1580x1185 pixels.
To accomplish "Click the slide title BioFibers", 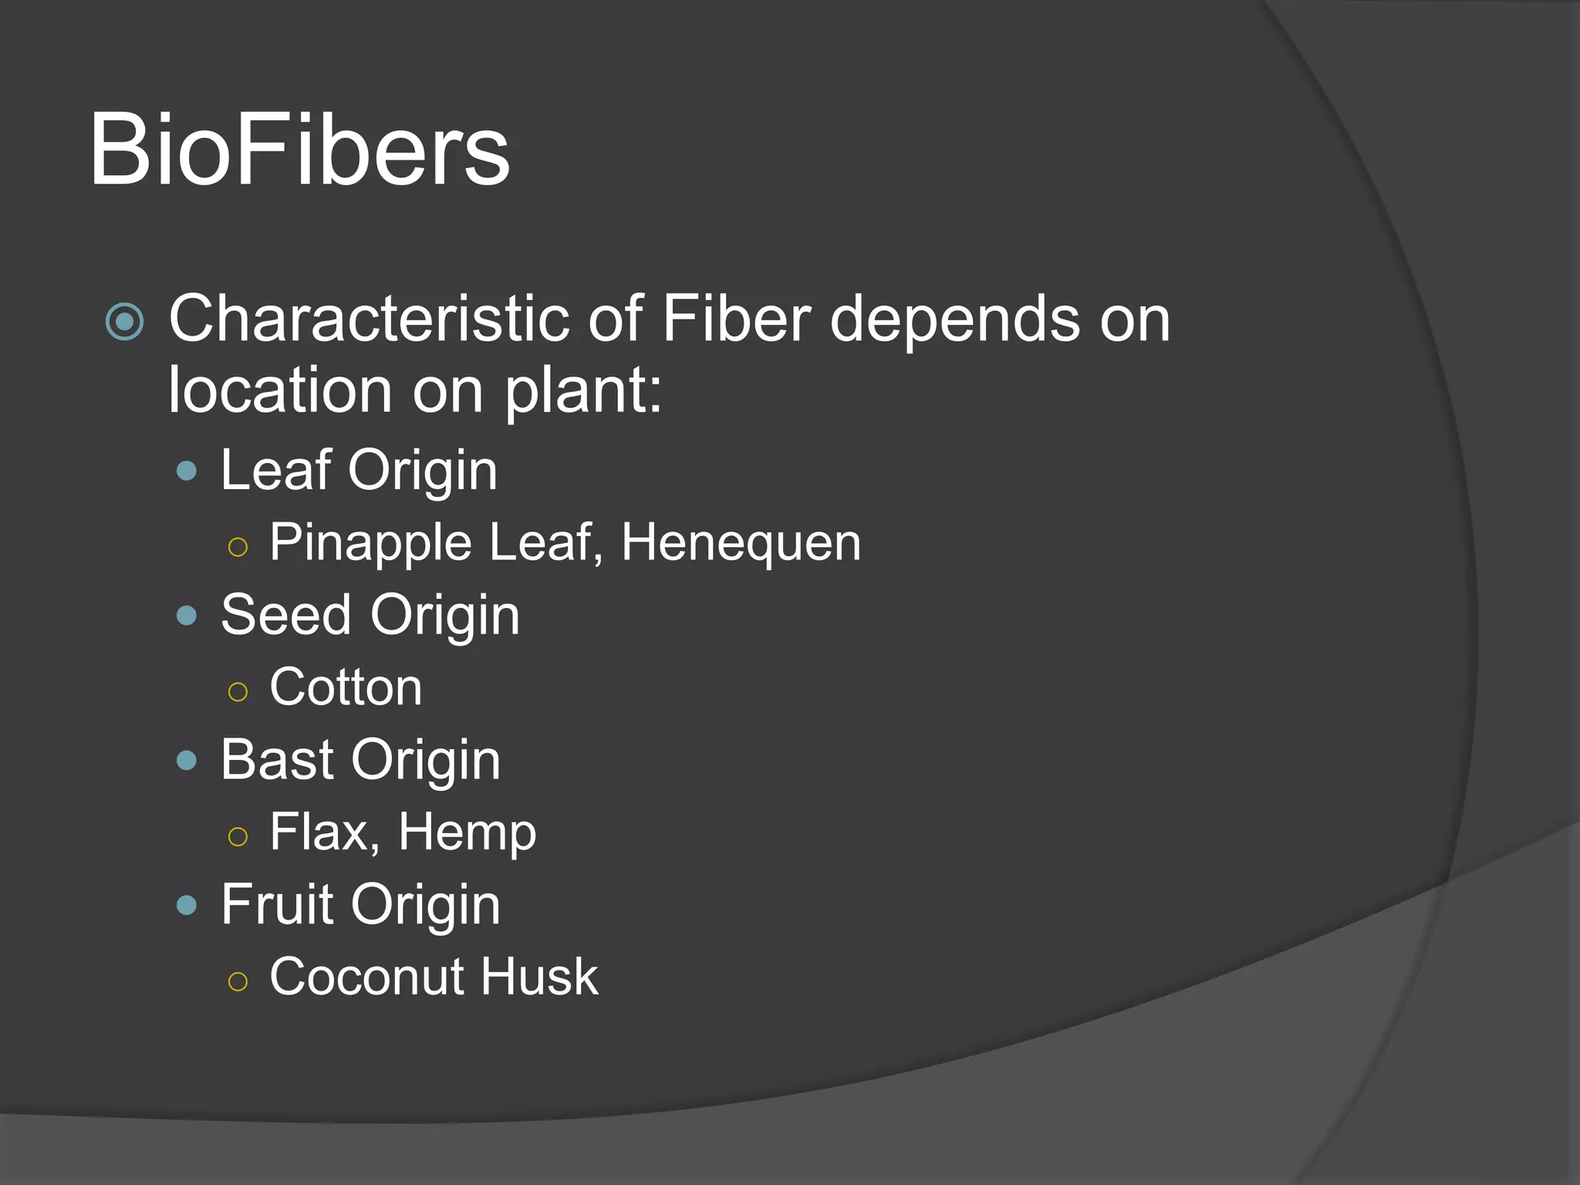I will click(299, 150).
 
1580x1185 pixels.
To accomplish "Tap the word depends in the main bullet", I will click(954, 320).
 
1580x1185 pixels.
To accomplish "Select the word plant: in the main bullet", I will click(583, 391).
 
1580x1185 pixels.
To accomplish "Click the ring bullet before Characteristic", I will click(125, 322).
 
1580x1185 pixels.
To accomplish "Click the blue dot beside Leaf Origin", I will click(187, 471).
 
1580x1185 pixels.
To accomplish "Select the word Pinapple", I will click(370, 543).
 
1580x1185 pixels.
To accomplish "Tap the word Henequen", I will click(741, 542).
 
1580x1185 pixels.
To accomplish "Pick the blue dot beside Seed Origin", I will click(187, 616).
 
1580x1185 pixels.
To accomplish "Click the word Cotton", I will click(346, 687).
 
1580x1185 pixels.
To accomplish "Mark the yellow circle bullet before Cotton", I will click(238, 692).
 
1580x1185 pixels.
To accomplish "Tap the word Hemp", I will click(467, 833).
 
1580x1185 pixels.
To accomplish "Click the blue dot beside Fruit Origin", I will click(187, 905).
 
